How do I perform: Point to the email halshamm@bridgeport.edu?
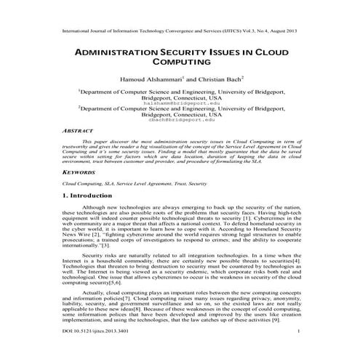pos(180,103)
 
